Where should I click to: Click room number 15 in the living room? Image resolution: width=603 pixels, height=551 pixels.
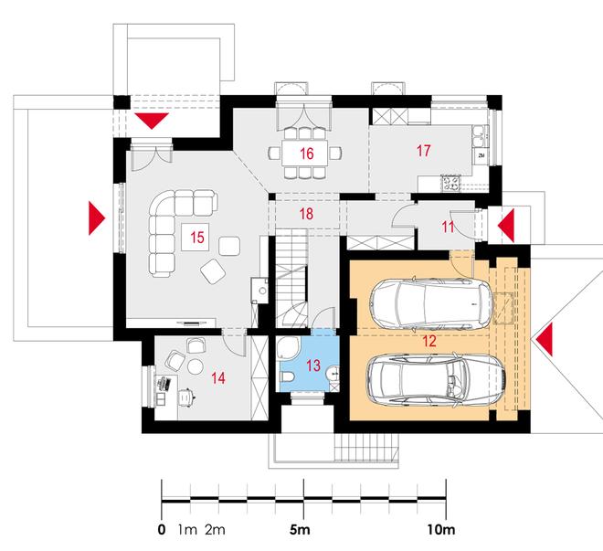pyautogui.click(x=197, y=238)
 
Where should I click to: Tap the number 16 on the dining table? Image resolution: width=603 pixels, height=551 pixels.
pyautogui.click(x=306, y=154)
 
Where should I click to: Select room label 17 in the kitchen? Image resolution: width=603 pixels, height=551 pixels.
pyautogui.click(x=423, y=151)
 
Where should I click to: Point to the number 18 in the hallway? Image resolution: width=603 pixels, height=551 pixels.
pyautogui.click(x=306, y=214)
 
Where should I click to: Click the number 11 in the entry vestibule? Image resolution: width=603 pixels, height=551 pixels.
pyautogui.click(x=448, y=227)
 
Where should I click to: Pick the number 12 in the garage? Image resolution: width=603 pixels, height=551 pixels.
pyautogui.click(x=429, y=341)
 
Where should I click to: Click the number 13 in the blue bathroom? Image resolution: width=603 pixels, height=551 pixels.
pyautogui.click(x=313, y=366)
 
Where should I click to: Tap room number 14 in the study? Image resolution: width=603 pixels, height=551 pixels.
pyautogui.click(x=218, y=378)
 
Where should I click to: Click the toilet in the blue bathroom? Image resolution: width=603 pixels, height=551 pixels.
pyautogui.click(x=287, y=376)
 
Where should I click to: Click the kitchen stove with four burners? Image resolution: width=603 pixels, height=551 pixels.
pyautogui.click(x=450, y=183)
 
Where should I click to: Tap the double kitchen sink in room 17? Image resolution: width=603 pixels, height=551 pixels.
pyautogui.click(x=480, y=136)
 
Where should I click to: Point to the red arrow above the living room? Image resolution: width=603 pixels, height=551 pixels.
pyautogui.click(x=152, y=120)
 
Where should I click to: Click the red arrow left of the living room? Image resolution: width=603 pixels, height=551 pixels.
pyautogui.click(x=96, y=217)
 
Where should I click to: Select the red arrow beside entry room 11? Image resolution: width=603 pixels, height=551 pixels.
pyautogui.click(x=507, y=225)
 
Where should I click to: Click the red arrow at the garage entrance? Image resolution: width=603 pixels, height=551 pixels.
pyautogui.click(x=545, y=340)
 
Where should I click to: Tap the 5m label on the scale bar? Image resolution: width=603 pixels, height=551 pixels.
pyautogui.click(x=300, y=530)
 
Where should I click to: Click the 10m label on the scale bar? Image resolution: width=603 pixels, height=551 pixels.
pyautogui.click(x=440, y=530)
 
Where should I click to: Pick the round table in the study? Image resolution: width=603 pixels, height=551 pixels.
pyautogui.click(x=196, y=366)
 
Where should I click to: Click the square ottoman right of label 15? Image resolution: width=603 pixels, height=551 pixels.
pyautogui.click(x=229, y=246)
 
